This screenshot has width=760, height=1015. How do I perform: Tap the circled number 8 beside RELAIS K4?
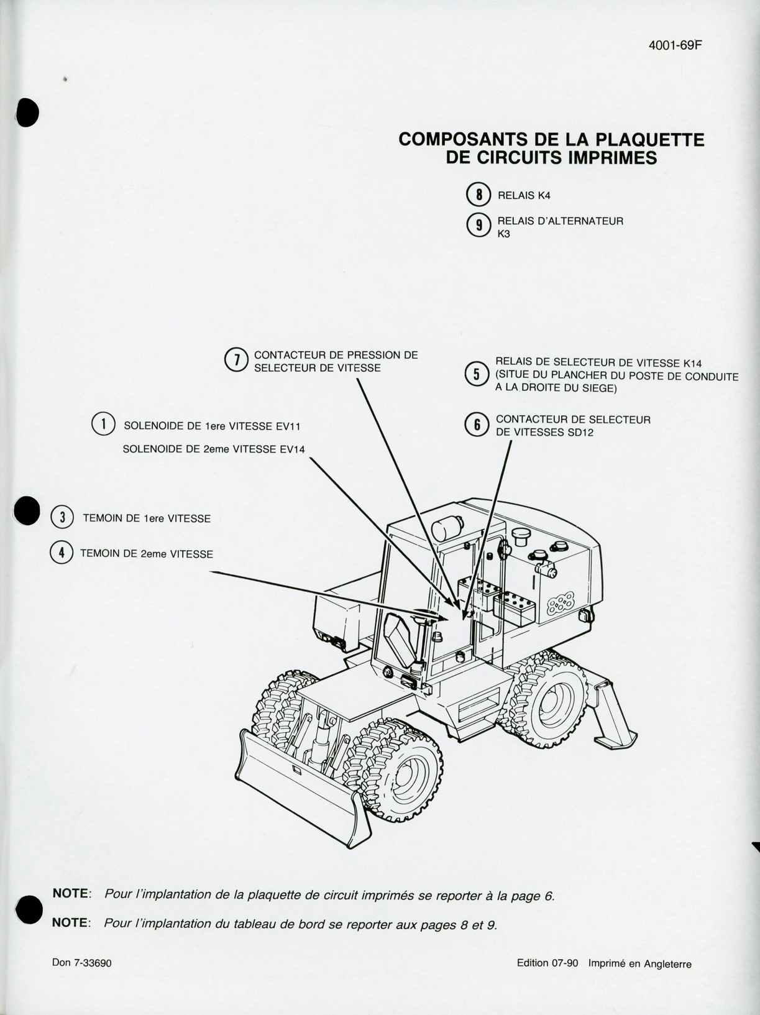tap(478, 195)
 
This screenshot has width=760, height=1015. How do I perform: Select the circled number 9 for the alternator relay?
tap(478, 226)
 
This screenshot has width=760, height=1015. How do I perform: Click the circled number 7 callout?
tap(237, 360)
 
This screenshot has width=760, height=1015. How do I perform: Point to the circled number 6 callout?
tap(477, 425)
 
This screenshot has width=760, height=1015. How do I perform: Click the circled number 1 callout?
tap(103, 425)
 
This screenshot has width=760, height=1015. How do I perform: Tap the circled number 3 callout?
tap(62, 517)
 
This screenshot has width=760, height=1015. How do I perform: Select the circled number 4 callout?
tap(62, 553)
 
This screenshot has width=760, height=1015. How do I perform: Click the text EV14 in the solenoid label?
tap(292, 449)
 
